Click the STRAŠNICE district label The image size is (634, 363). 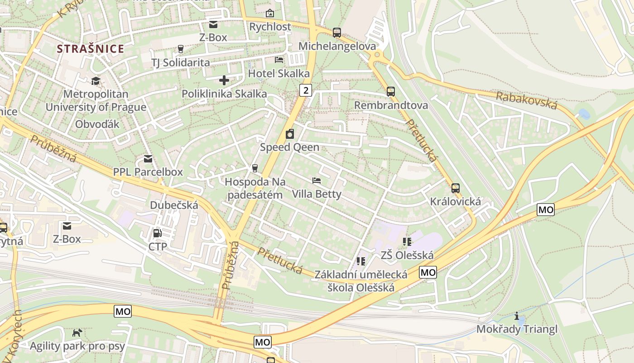coord(91,49)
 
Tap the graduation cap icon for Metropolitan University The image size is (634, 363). coord(96,81)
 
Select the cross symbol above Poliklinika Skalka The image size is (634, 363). coord(224,81)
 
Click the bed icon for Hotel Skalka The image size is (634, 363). coord(279,60)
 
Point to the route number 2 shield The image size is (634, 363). coord(306,90)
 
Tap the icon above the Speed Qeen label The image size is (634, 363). coord(289,134)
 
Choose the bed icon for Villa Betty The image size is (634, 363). coord(317,181)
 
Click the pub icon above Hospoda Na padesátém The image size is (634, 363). coord(255,168)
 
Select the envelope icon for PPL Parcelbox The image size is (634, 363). coord(148,159)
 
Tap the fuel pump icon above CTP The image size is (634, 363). coord(158,233)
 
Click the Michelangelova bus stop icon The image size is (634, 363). coord(336,33)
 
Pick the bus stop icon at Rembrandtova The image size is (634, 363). coord(391,92)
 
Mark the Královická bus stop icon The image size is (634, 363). coord(456,188)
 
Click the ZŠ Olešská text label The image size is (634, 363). coord(407,255)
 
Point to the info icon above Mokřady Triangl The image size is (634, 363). coord(517,316)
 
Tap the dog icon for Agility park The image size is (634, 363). coord(77,333)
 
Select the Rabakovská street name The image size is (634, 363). coord(526,100)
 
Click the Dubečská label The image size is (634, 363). coord(174,205)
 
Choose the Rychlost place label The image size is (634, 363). coord(270,27)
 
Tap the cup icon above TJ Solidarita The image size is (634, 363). coord(181,49)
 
